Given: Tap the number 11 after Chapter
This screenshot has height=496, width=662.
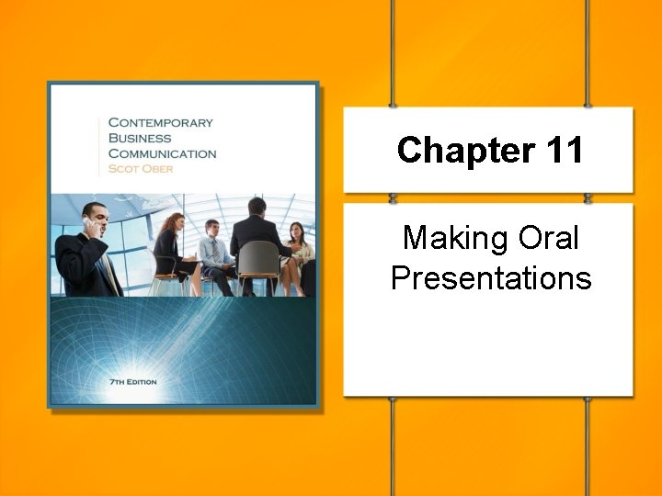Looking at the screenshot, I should tap(561, 150).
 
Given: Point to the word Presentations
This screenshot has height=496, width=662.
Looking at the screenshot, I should tap(491, 277).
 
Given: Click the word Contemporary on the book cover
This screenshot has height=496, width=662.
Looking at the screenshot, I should tap(161, 121).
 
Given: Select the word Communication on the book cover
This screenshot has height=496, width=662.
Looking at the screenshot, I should tap(163, 153).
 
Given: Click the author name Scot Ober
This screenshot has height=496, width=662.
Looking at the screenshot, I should tap(140, 169).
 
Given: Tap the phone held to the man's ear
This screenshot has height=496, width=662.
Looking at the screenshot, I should tap(88, 221).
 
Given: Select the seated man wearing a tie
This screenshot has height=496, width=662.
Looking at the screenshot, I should tap(214, 253).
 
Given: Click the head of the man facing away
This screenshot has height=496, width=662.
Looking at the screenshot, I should tap(257, 207).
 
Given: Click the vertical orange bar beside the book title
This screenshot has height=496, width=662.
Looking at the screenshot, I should tap(99, 145).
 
